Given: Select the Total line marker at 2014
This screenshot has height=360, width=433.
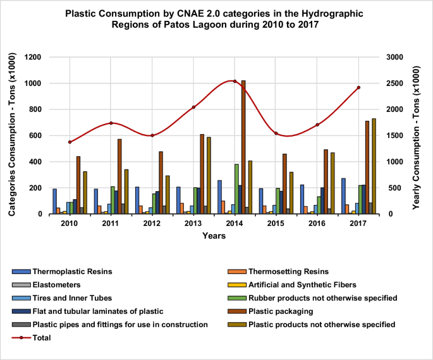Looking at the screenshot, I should pos(235,81).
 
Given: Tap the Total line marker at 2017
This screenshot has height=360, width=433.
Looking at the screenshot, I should pos(358,87).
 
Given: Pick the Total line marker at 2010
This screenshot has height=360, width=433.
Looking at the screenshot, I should pos(70,142).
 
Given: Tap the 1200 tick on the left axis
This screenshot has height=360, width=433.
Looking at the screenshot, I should pos(32,57).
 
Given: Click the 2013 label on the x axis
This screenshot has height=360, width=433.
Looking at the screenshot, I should pos(193,223).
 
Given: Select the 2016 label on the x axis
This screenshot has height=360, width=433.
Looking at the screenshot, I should pos(317,223).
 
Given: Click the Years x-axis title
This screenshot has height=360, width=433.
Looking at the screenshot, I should pos(214,236).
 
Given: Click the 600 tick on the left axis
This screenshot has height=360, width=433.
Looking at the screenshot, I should pos(35,135).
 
